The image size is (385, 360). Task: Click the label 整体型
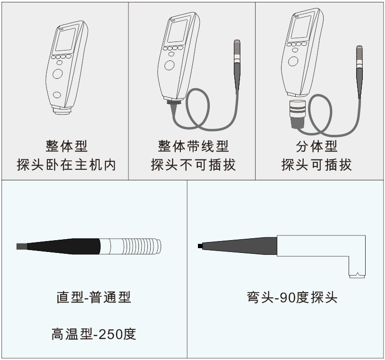tap(67, 146)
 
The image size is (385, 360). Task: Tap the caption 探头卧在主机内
tap(66, 165)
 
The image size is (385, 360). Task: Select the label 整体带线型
tap(194, 146)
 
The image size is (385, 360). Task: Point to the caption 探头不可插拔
tap(194, 165)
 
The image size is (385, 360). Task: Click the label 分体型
tap(317, 146)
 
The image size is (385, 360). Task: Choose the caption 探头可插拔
tap(317, 165)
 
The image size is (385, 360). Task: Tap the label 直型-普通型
tap(94, 297)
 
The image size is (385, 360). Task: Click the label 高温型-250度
tap(94, 334)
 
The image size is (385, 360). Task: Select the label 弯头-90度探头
tap(292, 297)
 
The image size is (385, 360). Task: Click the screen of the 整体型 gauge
tap(65, 41)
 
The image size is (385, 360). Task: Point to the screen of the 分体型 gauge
tap(301, 26)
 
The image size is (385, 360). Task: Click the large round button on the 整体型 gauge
tap(58, 74)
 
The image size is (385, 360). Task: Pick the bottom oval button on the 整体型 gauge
tap(57, 95)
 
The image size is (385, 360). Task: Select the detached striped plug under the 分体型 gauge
tap(298, 114)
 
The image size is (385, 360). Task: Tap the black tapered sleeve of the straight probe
tap(63, 246)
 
